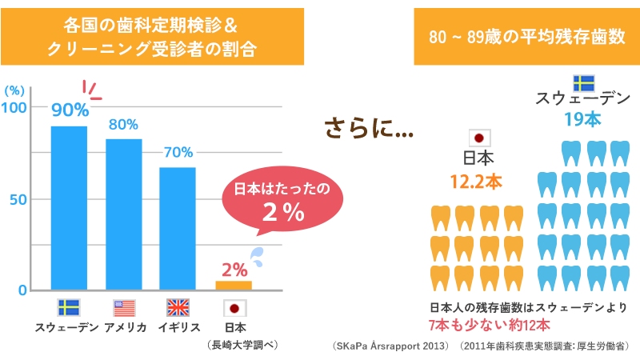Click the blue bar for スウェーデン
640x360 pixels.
point(69,207)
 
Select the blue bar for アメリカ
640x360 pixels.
point(123,214)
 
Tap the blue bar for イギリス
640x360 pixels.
point(178,228)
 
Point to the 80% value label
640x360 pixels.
point(123,125)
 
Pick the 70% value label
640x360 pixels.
point(178,152)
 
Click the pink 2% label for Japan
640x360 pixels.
point(234,270)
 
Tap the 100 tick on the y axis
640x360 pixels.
point(15,108)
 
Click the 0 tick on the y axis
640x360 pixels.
point(22,290)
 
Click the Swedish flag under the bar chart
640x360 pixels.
point(68,308)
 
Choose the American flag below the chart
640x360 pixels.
point(124,308)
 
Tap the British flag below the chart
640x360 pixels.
point(178,308)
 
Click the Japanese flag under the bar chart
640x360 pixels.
point(234,308)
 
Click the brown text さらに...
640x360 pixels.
point(368,128)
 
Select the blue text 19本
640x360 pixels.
point(582,120)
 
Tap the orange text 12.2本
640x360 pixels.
point(476,182)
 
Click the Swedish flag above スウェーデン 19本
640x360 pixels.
point(583,83)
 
